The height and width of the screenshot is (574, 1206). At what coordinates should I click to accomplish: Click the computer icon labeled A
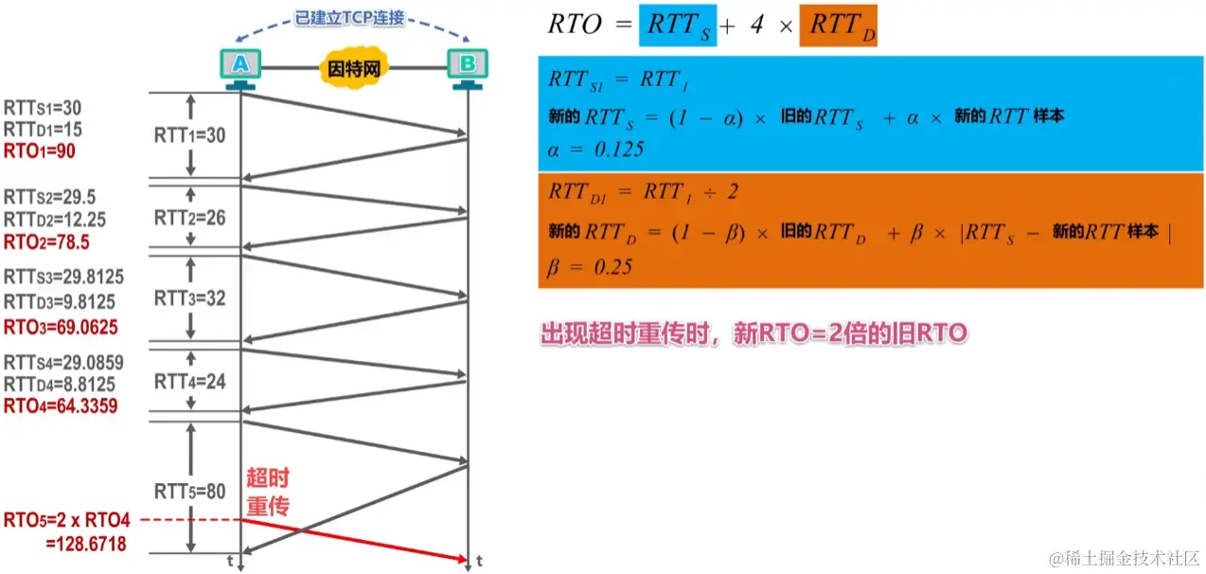click(x=240, y=66)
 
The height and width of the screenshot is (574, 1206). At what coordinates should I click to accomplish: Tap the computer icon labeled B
click(x=468, y=66)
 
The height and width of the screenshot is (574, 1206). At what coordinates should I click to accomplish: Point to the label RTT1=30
click(x=189, y=135)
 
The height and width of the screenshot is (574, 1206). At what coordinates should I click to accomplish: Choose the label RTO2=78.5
click(x=47, y=242)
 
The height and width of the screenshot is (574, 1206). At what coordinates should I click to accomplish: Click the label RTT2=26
click(x=189, y=218)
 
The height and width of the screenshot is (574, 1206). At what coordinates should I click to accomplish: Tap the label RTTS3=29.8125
click(x=63, y=278)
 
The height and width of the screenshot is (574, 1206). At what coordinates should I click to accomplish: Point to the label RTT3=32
click(x=189, y=298)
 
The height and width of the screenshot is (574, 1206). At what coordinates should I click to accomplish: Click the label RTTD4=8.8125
click(x=60, y=385)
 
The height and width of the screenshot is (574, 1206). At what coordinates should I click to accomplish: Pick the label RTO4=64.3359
click(x=60, y=407)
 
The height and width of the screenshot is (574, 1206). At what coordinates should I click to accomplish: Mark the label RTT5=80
click(x=189, y=491)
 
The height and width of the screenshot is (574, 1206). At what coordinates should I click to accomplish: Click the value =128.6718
click(x=86, y=544)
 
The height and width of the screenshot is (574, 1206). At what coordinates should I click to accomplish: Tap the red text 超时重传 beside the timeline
click(x=267, y=492)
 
